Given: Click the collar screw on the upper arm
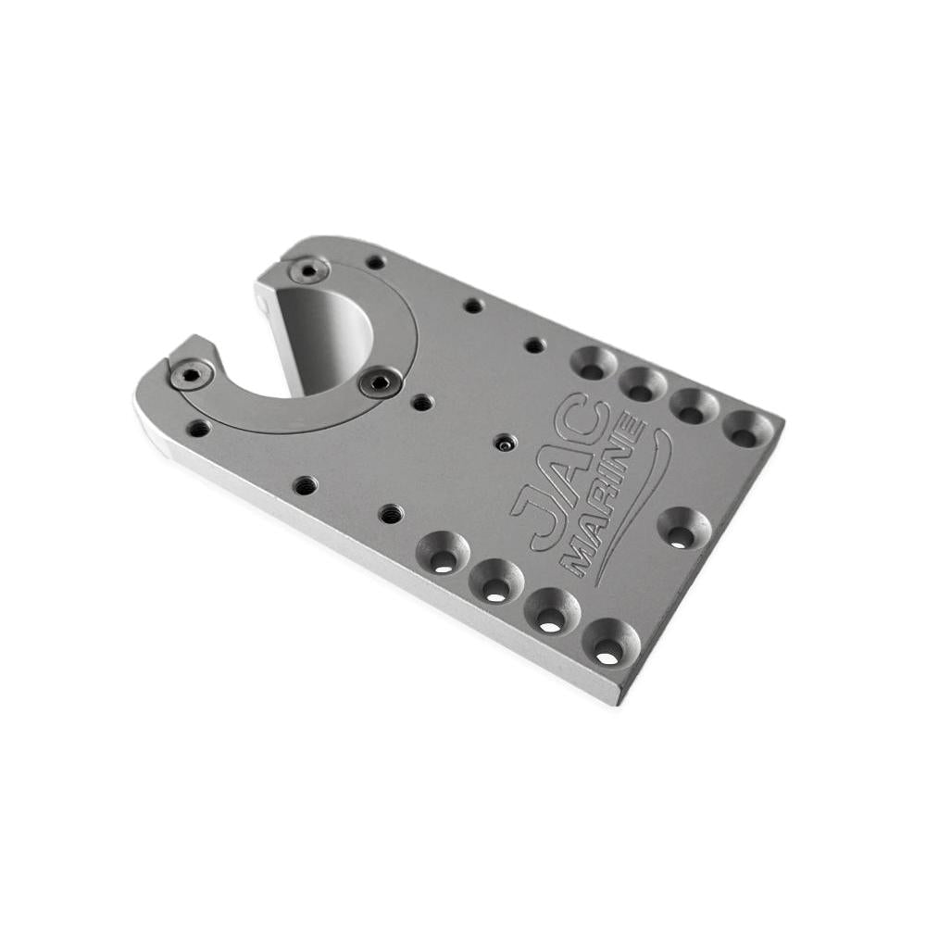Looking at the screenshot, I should (x=308, y=270).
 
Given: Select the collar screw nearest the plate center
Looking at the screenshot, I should (x=381, y=382).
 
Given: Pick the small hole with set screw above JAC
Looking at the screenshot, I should (x=504, y=444).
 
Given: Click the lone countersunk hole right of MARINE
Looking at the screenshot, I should (x=683, y=528).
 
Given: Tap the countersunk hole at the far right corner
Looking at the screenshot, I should (x=747, y=429).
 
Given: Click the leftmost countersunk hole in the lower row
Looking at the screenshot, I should (x=443, y=552).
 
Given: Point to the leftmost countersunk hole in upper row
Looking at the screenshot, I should (x=593, y=363).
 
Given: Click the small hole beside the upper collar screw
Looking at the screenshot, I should (x=375, y=262).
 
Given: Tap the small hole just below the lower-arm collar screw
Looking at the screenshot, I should (x=199, y=428).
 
